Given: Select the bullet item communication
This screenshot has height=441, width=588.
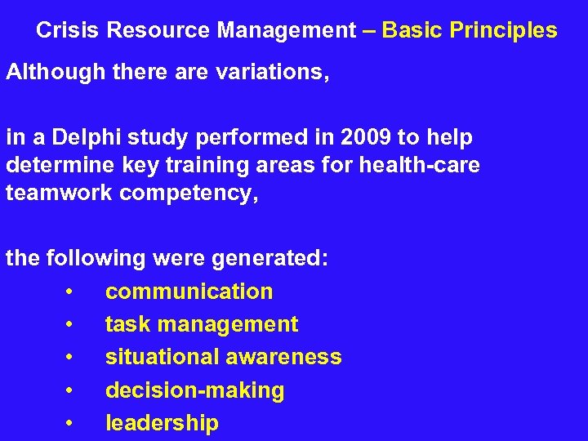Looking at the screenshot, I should [x=189, y=292].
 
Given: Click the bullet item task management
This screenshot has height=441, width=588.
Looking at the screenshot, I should [x=202, y=325].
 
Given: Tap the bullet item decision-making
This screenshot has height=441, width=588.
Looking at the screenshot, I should [x=194, y=390].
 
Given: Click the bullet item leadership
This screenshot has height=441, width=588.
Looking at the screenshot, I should [x=162, y=423].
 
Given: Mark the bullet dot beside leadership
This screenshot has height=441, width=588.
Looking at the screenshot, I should [x=72, y=424].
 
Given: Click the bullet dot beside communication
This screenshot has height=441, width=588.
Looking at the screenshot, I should [x=72, y=292].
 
